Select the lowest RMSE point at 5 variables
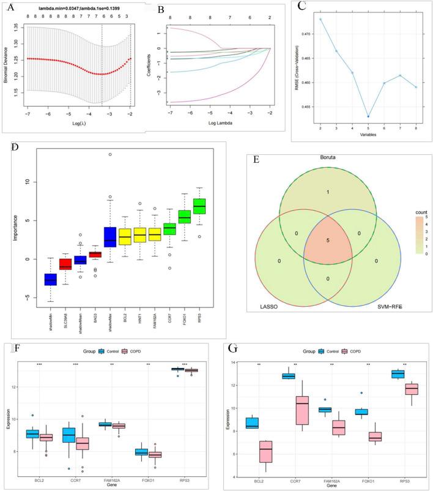click(368, 116)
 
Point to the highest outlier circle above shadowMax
click(110, 154)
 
